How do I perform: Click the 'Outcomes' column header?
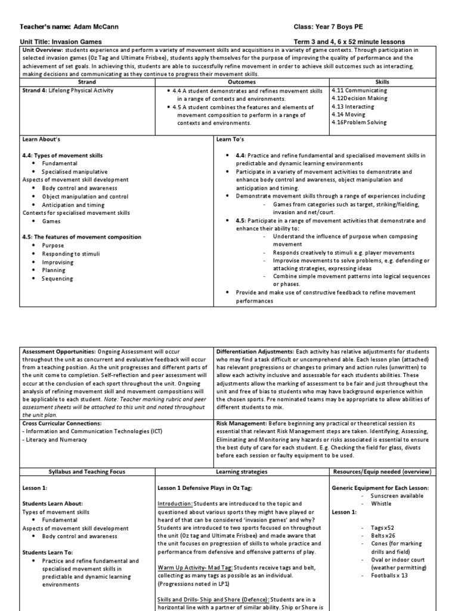[x=242, y=82]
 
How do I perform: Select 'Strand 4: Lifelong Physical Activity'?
[x=67, y=91]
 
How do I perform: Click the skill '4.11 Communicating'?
[x=359, y=91]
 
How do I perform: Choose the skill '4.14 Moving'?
[x=349, y=115]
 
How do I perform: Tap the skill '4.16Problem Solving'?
[x=359, y=122]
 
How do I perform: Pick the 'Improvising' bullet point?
[x=58, y=262]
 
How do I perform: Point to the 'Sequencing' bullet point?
[x=57, y=279]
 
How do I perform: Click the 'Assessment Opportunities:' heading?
[x=58, y=351]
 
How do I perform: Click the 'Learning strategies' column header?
[x=242, y=471]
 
